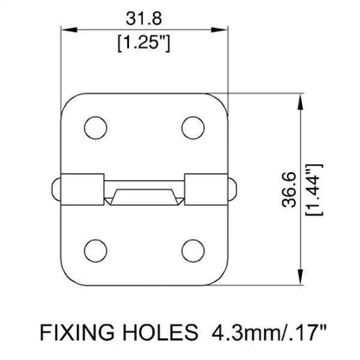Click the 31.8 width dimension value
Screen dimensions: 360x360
144,18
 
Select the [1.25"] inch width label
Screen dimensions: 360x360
144,43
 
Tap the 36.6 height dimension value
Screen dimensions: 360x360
289,190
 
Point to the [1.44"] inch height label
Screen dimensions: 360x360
314,190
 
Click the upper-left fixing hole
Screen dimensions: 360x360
95,127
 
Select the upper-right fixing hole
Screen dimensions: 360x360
193,127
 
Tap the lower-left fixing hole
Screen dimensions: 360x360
95,251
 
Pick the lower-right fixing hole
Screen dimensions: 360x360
193,251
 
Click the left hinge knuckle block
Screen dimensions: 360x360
82,190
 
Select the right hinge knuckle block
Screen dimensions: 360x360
206,190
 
